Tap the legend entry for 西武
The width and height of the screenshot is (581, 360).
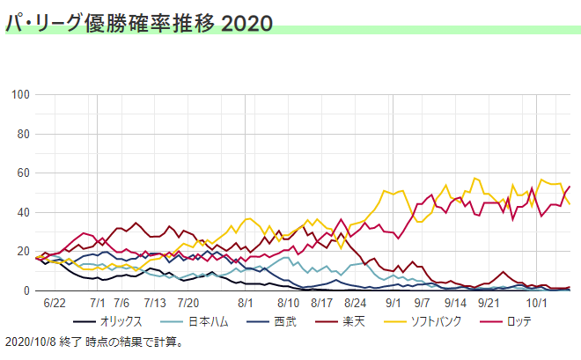(x=284, y=321)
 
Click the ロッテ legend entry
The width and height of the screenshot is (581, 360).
(x=518, y=321)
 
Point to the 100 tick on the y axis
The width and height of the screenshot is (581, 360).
(x=20, y=95)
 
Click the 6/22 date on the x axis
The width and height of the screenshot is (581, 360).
(x=55, y=302)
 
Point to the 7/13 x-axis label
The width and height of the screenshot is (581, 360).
(x=154, y=302)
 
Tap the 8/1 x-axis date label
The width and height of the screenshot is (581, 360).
(x=246, y=302)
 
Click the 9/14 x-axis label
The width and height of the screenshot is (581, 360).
(x=457, y=302)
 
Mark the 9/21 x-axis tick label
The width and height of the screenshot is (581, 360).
(x=490, y=302)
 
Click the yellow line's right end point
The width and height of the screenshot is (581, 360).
(x=570, y=204)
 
